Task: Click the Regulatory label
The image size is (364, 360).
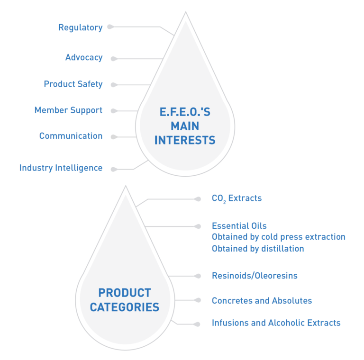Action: point(80,27)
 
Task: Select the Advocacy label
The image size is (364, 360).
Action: point(84,58)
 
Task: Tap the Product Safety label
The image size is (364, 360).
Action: point(73,84)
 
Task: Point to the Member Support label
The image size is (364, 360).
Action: point(68,110)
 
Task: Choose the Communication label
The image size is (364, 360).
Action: point(71,136)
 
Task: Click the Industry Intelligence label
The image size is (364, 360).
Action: point(61,168)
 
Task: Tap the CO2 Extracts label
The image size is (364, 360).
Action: point(237,198)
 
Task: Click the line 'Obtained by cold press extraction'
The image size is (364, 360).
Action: point(278,237)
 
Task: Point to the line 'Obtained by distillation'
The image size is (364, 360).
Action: point(258,249)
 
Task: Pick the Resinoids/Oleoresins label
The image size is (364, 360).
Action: point(255,276)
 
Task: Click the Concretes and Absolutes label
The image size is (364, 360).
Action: point(262,301)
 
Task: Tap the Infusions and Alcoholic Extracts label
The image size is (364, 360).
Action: point(276,323)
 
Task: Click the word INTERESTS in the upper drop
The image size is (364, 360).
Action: point(185,140)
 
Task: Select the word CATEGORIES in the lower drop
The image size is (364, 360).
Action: point(125,307)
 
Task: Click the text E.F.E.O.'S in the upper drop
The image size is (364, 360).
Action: point(185,113)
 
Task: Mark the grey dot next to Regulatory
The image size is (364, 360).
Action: point(110,27)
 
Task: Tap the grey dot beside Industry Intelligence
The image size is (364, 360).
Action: point(113,169)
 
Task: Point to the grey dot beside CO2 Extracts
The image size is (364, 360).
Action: point(198,199)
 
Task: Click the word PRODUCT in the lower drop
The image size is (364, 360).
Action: point(125,293)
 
